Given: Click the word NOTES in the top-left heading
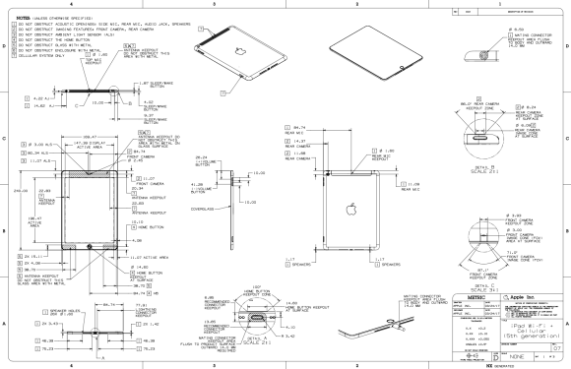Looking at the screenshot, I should click(14, 12).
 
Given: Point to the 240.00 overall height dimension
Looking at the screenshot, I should click(13, 203).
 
